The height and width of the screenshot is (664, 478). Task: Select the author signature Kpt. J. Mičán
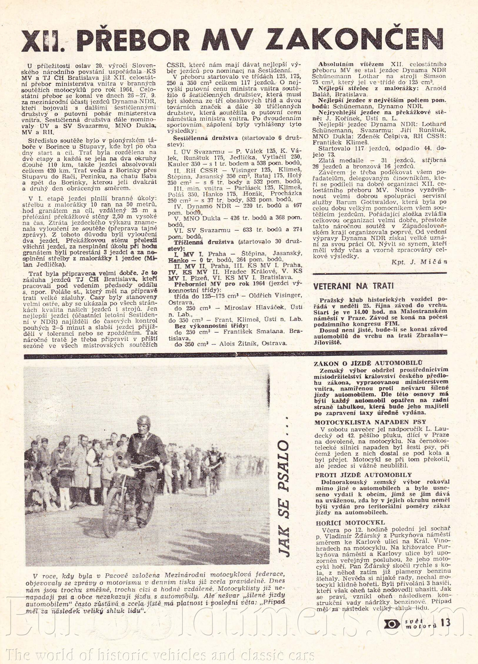coord(419,262)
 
